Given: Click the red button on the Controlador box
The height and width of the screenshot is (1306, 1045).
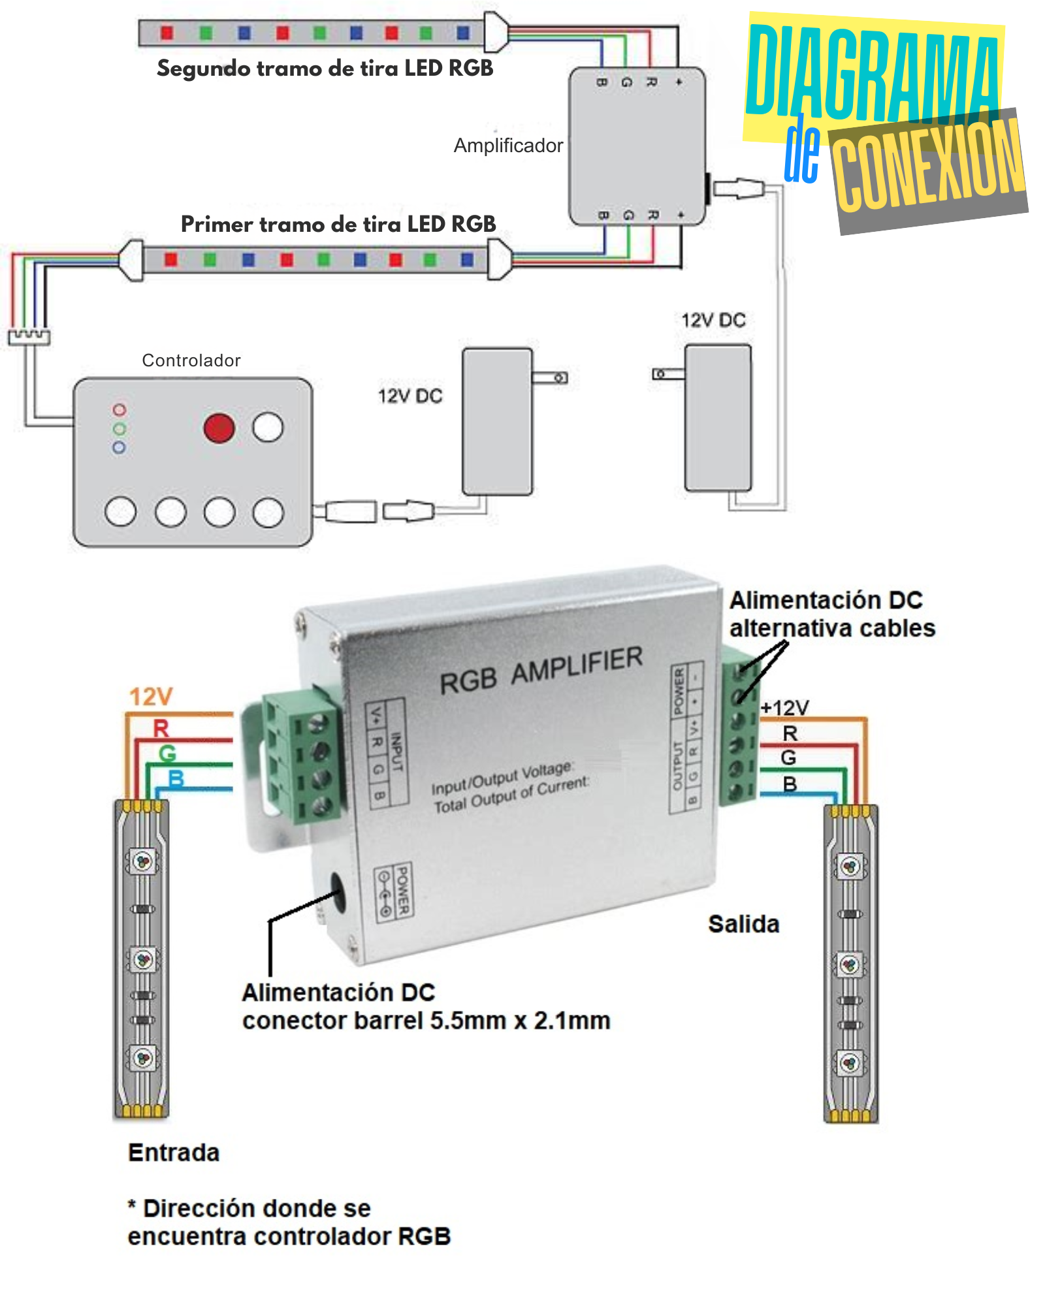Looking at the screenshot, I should [x=219, y=428].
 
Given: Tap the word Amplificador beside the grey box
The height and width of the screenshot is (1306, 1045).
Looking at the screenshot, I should [x=508, y=145].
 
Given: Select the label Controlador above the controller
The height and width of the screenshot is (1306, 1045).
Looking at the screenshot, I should [x=191, y=360].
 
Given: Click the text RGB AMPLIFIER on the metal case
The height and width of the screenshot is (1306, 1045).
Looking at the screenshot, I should [x=541, y=671].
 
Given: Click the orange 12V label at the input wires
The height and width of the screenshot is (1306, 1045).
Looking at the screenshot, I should [x=151, y=697].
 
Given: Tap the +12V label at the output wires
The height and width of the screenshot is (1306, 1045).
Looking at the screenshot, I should [x=785, y=707].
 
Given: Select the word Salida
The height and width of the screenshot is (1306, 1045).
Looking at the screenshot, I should [x=744, y=925].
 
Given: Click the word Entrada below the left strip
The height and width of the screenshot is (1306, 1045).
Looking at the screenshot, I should [x=174, y=1153].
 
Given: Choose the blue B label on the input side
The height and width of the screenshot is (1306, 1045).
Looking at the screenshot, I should [x=176, y=778].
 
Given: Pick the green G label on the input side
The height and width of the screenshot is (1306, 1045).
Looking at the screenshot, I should [x=167, y=754].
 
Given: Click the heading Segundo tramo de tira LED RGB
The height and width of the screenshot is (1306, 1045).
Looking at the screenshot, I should [x=325, y=69].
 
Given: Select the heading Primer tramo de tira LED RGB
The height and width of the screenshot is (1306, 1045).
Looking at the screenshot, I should [x=338, y=224].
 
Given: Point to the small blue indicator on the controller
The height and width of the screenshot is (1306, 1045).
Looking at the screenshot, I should [x=119, y=448].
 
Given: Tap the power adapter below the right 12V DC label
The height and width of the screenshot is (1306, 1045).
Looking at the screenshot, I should [x=718, y=418].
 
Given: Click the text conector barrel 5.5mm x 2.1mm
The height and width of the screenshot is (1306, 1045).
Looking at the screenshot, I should [x=426, y=1021].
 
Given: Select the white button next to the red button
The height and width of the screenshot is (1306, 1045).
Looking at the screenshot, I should [x=268, y=428].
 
